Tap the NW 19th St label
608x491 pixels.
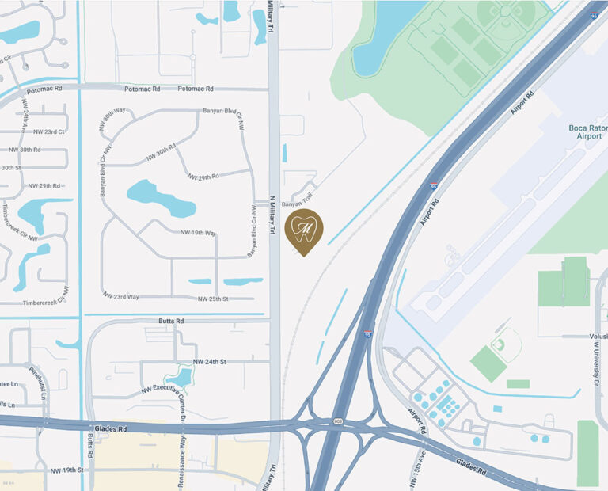pos(66,470)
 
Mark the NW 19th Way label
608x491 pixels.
pos(198,233)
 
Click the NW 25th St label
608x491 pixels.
pos(213,299)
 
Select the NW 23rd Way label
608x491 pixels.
pos(121,296)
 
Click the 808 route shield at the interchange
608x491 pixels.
pos(338,421)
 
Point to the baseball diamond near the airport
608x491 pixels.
pos(498,345)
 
